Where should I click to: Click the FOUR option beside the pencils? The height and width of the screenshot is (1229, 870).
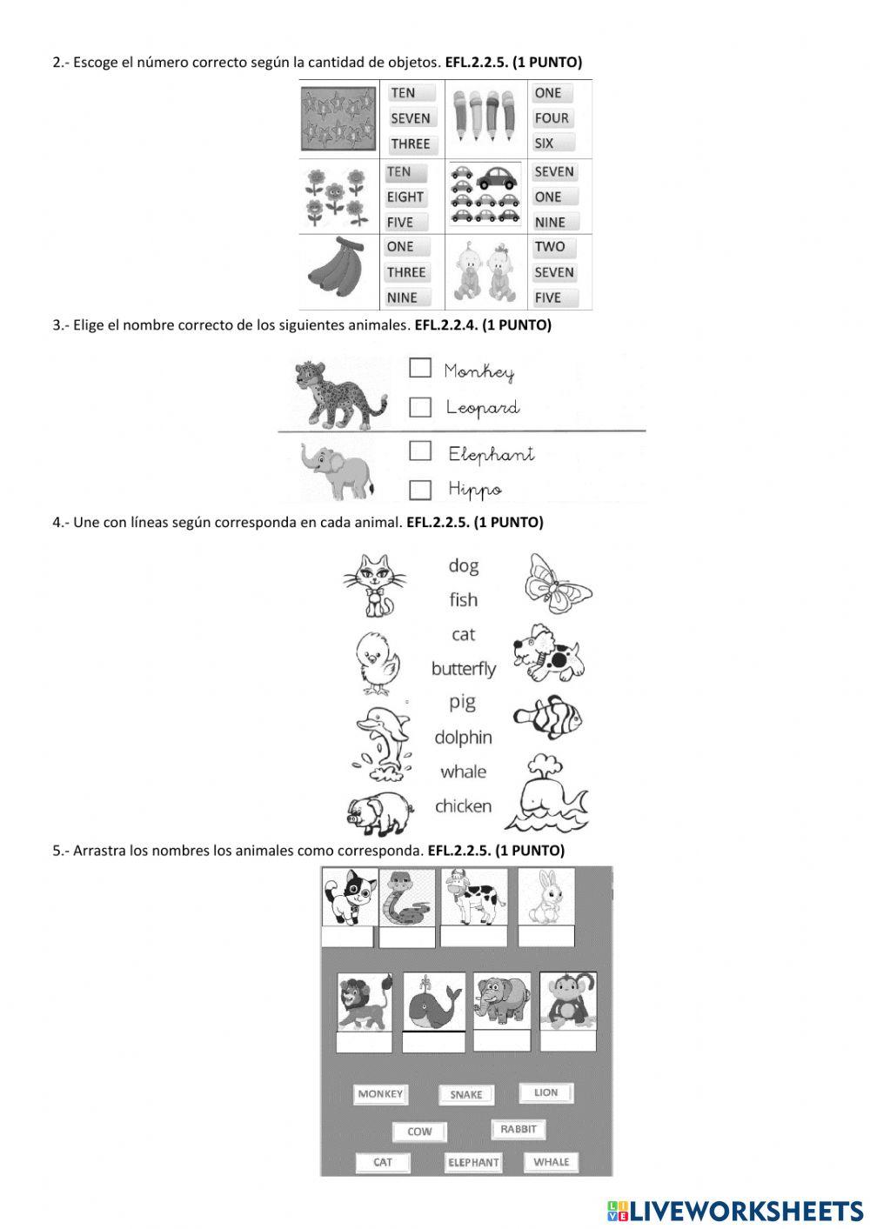pos(552,118)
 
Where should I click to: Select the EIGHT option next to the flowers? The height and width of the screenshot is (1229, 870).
pos(405,197)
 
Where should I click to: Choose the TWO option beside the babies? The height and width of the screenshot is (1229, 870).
pos(550,247)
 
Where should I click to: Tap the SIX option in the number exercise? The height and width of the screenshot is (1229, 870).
pos(545,144)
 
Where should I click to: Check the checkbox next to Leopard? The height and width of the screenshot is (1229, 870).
pos(420,407)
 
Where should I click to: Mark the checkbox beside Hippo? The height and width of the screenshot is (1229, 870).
pos(420,490)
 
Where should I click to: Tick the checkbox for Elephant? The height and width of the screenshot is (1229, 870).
pos(420,451)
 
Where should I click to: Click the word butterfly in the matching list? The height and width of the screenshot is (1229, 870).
pos(463,669)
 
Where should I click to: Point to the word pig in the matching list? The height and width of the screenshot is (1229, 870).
pos(462,702)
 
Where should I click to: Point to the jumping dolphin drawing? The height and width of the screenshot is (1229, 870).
pos(382,737)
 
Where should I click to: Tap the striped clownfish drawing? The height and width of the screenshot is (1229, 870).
pos(547,718)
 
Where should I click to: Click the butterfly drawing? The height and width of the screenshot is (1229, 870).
pos(558,583)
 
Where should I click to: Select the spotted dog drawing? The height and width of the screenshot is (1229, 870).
pos(548,652)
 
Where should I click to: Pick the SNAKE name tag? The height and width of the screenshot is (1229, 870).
pos(465,1095)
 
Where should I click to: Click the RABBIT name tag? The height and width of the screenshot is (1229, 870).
pos(519,1129)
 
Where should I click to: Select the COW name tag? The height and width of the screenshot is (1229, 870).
pos(419,1132)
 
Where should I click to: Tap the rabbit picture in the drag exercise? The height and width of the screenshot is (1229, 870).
pos(547,896)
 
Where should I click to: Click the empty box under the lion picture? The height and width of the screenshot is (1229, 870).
pos(365,1042)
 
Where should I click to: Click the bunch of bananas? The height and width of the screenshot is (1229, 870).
pos(337,270)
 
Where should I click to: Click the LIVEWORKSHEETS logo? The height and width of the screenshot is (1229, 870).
pos(735,1210)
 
